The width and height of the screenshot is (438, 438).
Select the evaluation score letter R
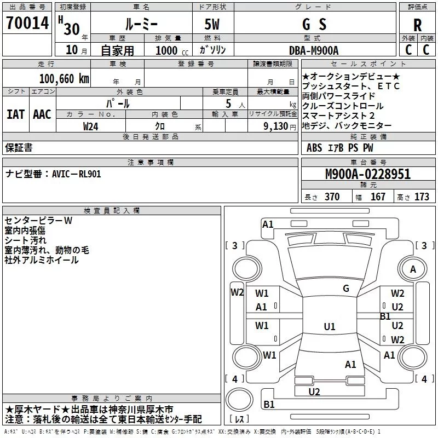(418, 25)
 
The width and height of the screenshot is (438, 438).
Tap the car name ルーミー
(141, 24)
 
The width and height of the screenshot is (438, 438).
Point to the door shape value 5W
(213, 24)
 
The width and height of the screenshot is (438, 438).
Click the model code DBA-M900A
(314, 50)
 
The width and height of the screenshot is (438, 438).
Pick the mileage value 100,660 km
(64, 78)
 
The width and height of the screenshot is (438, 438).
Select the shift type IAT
(15, 114)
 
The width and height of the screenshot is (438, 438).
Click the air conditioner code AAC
(42, 114)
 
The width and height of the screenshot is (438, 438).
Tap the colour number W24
(90, 126)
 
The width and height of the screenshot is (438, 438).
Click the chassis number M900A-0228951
(367, 175)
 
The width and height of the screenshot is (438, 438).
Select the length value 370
(332, 197)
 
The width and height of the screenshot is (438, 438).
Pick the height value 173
(422, 197)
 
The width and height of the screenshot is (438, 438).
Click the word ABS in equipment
(314, 147)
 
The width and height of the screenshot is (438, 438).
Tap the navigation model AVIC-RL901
(77, 174)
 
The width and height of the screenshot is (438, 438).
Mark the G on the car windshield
(346, 288)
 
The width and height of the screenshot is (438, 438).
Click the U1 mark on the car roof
(329, 327)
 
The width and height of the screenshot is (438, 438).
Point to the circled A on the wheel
(413, 269)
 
